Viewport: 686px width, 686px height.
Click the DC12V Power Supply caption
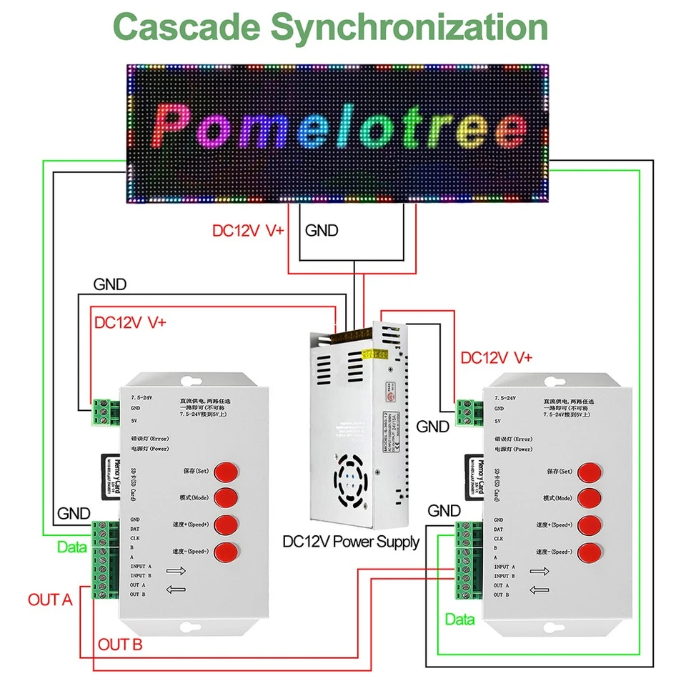click(351, 542)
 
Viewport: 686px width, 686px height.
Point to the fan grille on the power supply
click(349, 479)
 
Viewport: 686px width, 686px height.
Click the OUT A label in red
click(50, 600)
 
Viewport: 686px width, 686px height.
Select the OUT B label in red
click(120, 645)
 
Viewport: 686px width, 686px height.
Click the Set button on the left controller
click(226, 472)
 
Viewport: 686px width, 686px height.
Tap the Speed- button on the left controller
click(226, 551)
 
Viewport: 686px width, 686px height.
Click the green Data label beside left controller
click(71, 547)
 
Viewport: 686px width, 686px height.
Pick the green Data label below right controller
click(459, 620)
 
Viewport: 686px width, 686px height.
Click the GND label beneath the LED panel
click(322, 231)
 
